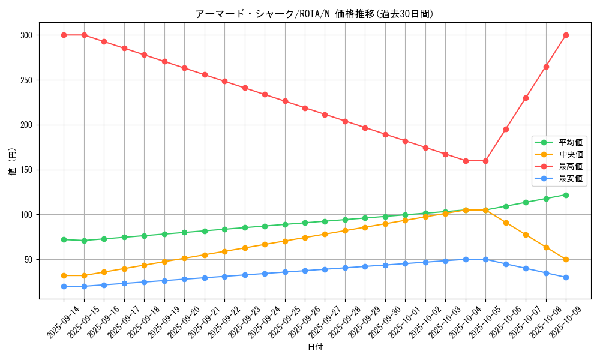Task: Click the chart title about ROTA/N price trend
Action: pyautogui.click(x=314, y=14)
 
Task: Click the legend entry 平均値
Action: pyautogui.click(x=570, y=142)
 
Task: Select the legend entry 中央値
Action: pyautogui.click(x=570, y=154)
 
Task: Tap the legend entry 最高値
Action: pyautogui.click(x=570, y=166)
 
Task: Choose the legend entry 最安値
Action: pyautogui.click(x=570, y=178)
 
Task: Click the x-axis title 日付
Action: pyautogui.click(x=315, y=347)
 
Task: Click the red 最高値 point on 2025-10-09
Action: pyautogui.click(x=566, y=35)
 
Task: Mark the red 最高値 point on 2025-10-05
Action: pyautogui.click(x=485, y=161)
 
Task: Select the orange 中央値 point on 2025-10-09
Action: pyautogui.click(x=566, y=259)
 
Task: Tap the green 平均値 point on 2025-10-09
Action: pyautogui.click(x=566, y=195)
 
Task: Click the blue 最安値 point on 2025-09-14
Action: pyautogui.click(x=64, y=286)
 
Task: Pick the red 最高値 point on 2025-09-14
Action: pyautogui.click(x=64, y=35)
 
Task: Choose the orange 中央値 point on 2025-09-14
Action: pyautogui.click(x=64, y=275)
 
